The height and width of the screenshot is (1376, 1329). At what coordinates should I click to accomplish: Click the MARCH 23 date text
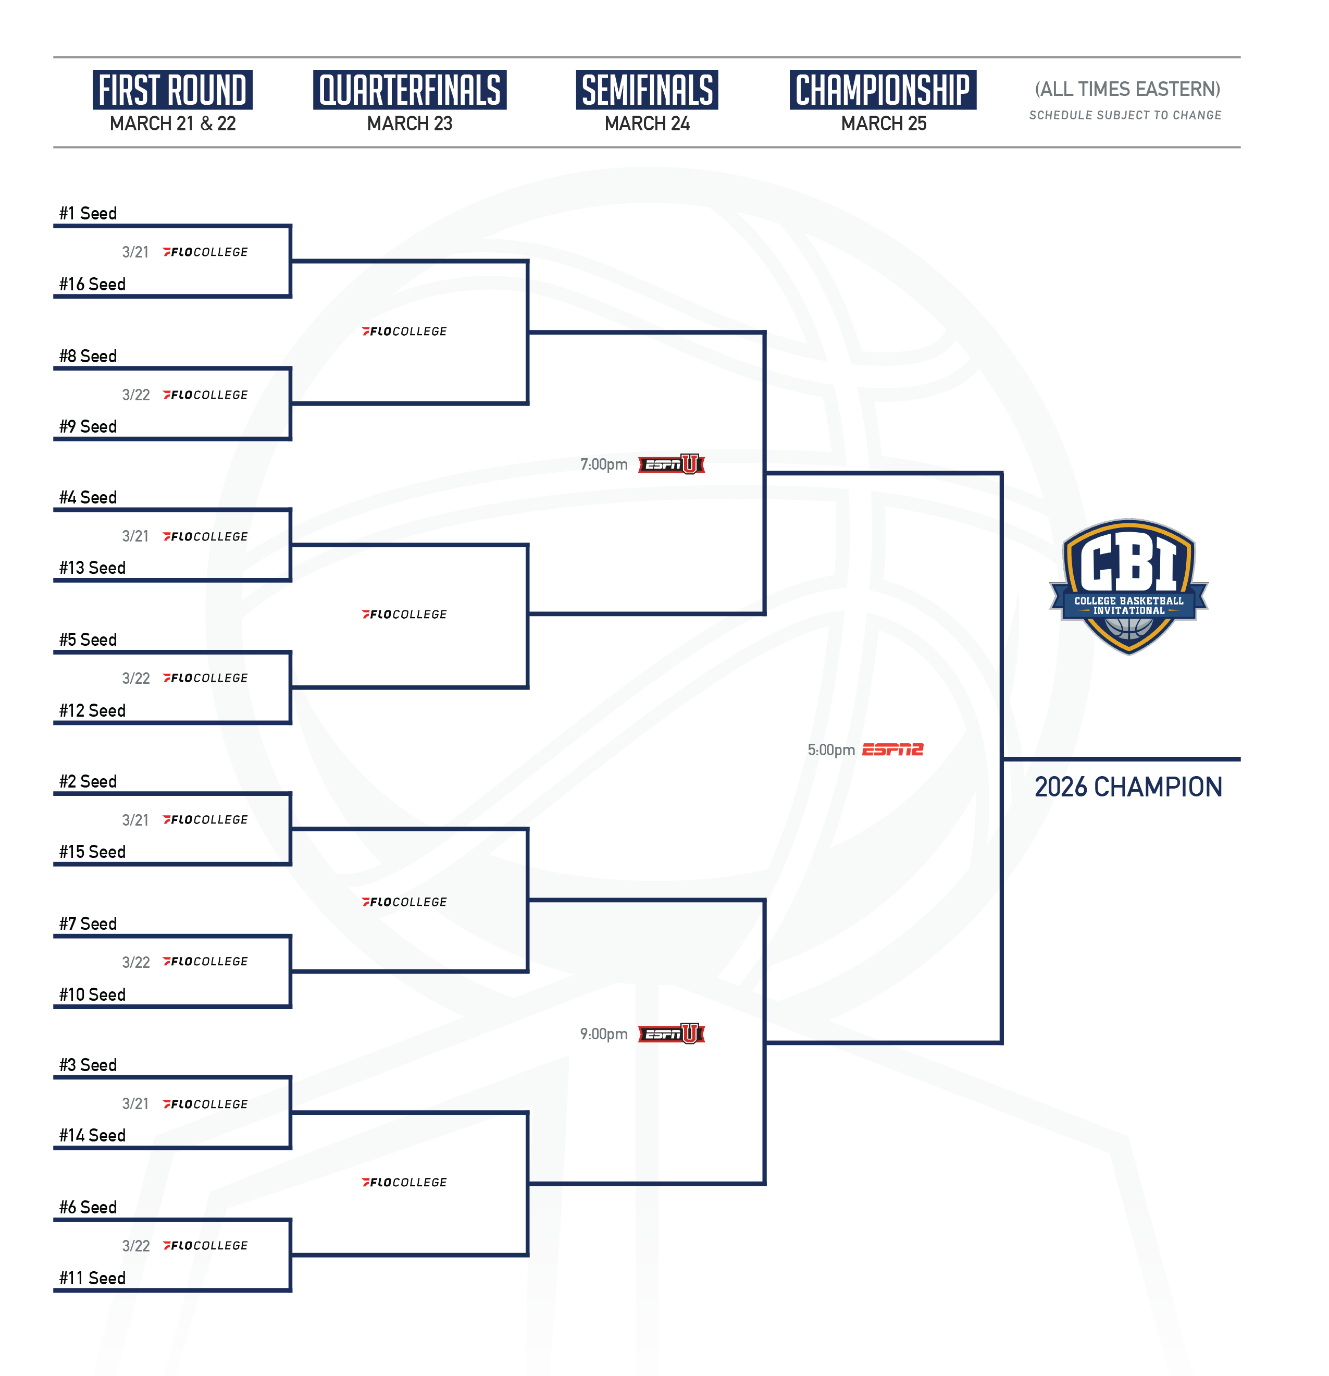[x=410, y=124]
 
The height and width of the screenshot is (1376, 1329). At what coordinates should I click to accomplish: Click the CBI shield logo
[x=1128, y=587]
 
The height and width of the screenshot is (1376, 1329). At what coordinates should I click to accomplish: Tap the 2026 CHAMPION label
[x=1128, y=787]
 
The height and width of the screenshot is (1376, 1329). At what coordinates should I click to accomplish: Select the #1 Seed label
[x=88, y=213]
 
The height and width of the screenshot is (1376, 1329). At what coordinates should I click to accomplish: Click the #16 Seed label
[x=92, y=285]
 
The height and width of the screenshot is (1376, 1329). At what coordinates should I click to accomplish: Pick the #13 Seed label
[x=92, y=568]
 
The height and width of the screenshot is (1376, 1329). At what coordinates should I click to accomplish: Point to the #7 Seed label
[x=88, y=924]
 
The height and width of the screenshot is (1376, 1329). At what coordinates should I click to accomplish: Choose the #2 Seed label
[x=88, y=781]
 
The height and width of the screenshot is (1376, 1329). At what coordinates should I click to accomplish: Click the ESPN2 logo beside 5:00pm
[x=892, y=750]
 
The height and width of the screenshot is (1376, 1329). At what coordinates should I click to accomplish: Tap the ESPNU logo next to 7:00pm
[x=672, y=464]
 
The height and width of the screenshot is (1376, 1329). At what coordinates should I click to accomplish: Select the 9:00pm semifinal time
[x=603, y=1034]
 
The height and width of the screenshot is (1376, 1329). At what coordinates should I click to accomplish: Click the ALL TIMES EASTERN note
[x=1127, y=89]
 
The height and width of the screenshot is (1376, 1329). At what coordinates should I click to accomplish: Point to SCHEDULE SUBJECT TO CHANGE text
[x=1125, y=115]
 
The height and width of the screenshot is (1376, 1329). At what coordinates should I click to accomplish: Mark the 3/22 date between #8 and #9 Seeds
[x=135, y=395]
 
